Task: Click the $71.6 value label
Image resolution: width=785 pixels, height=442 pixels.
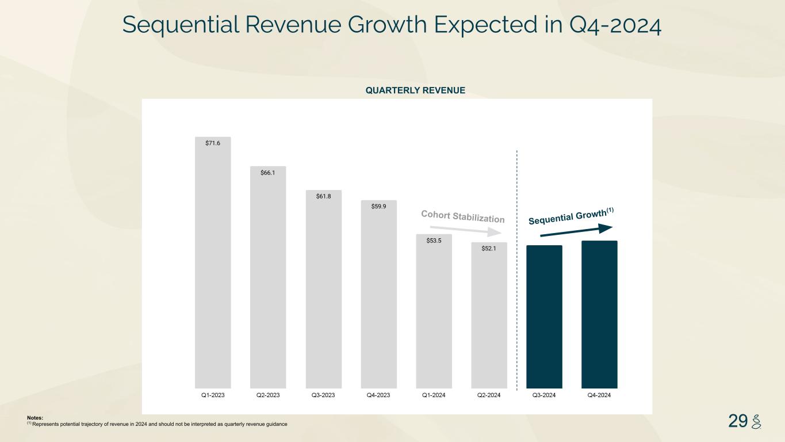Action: click(x=213, y=143)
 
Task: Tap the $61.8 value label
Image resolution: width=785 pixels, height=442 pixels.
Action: click(x=323, y=196)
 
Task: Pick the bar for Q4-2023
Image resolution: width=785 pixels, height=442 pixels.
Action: click(x=378, y=299)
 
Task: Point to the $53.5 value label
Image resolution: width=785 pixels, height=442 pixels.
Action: click(x=434, y=241)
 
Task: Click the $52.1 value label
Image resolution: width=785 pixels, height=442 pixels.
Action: click(x=489, y=249)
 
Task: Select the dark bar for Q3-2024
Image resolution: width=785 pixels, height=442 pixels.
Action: click(x=544, y=317)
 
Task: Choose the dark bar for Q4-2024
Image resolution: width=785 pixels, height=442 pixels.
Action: click(x=599, y=314)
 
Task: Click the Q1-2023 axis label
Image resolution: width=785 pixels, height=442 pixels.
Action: click(x=213, y=395)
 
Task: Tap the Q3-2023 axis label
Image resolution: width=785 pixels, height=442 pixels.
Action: click(x=323, y=395)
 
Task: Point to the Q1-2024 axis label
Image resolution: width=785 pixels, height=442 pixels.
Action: click(x=434, y=395)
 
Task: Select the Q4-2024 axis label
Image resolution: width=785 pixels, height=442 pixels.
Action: click(x=599, y=395)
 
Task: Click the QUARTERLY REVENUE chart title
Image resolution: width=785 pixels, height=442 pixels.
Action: click(x=415, y=90)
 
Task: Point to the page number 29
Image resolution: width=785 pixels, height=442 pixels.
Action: click(x=737, y=421)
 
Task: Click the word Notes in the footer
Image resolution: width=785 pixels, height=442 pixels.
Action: click(x=35, y=418)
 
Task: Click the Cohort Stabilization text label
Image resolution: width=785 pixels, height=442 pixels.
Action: click(x=462, y=216)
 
